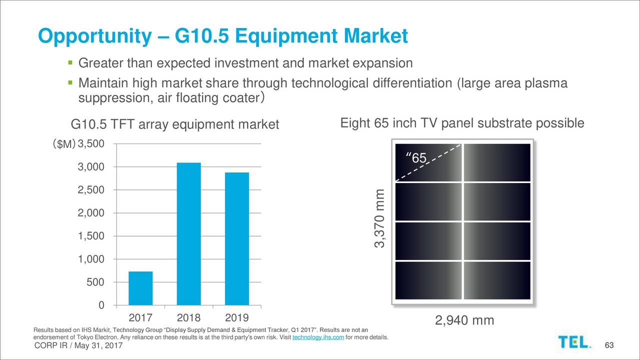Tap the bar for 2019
coord(236,238)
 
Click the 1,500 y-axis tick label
coord(91,236)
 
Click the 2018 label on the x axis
coord(188,318)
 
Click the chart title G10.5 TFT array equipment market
coord(175,124)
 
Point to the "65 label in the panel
coord(417,158)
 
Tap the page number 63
coord(608,346)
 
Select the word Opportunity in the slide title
coord(94,36)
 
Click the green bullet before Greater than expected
coord(70,63)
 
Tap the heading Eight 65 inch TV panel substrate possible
coord(461,123)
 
